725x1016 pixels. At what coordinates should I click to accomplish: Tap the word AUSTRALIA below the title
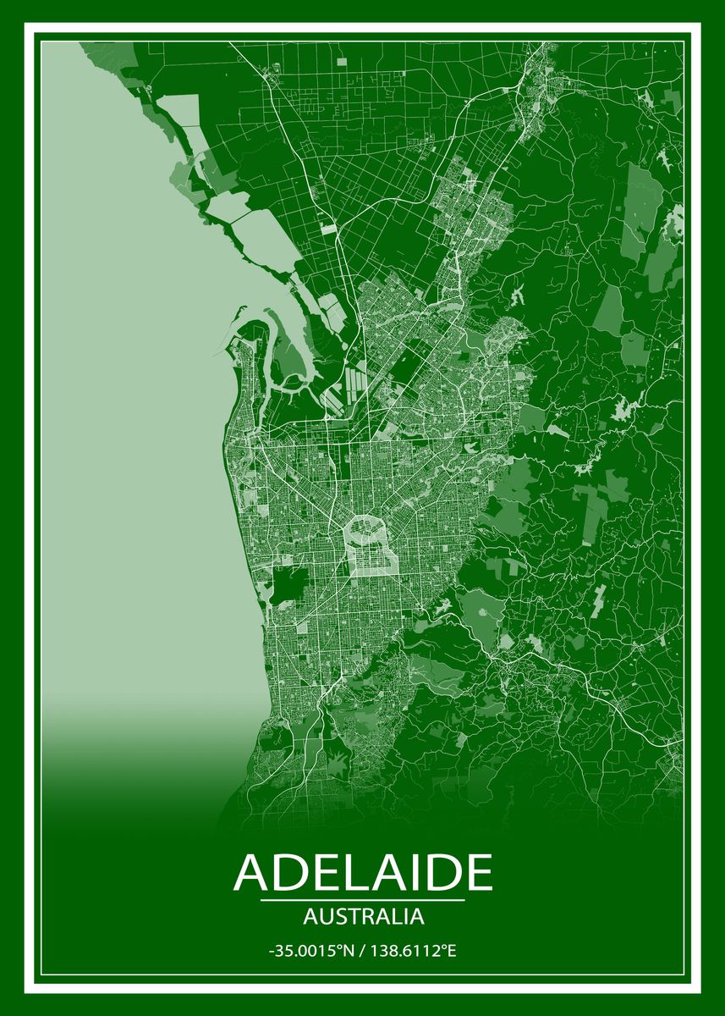(362, 916)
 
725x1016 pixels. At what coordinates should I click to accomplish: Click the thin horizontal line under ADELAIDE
(362, 900)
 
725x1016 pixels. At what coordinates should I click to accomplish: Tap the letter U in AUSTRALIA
(319, 916)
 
